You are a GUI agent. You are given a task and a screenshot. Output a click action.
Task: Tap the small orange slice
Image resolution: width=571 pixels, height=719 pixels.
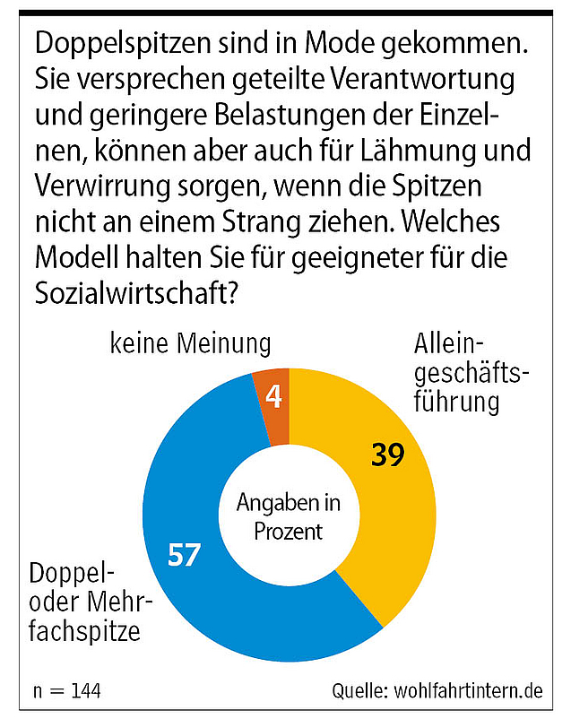[x=272, y=394]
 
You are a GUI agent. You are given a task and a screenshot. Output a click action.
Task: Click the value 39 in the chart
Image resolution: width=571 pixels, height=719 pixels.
[x=389, y=455]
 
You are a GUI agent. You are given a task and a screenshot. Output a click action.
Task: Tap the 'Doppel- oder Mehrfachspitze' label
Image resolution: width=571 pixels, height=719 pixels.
[x=86, y=602]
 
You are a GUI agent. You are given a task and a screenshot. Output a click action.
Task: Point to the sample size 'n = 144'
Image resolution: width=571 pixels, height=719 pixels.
[x=66, y=691]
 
